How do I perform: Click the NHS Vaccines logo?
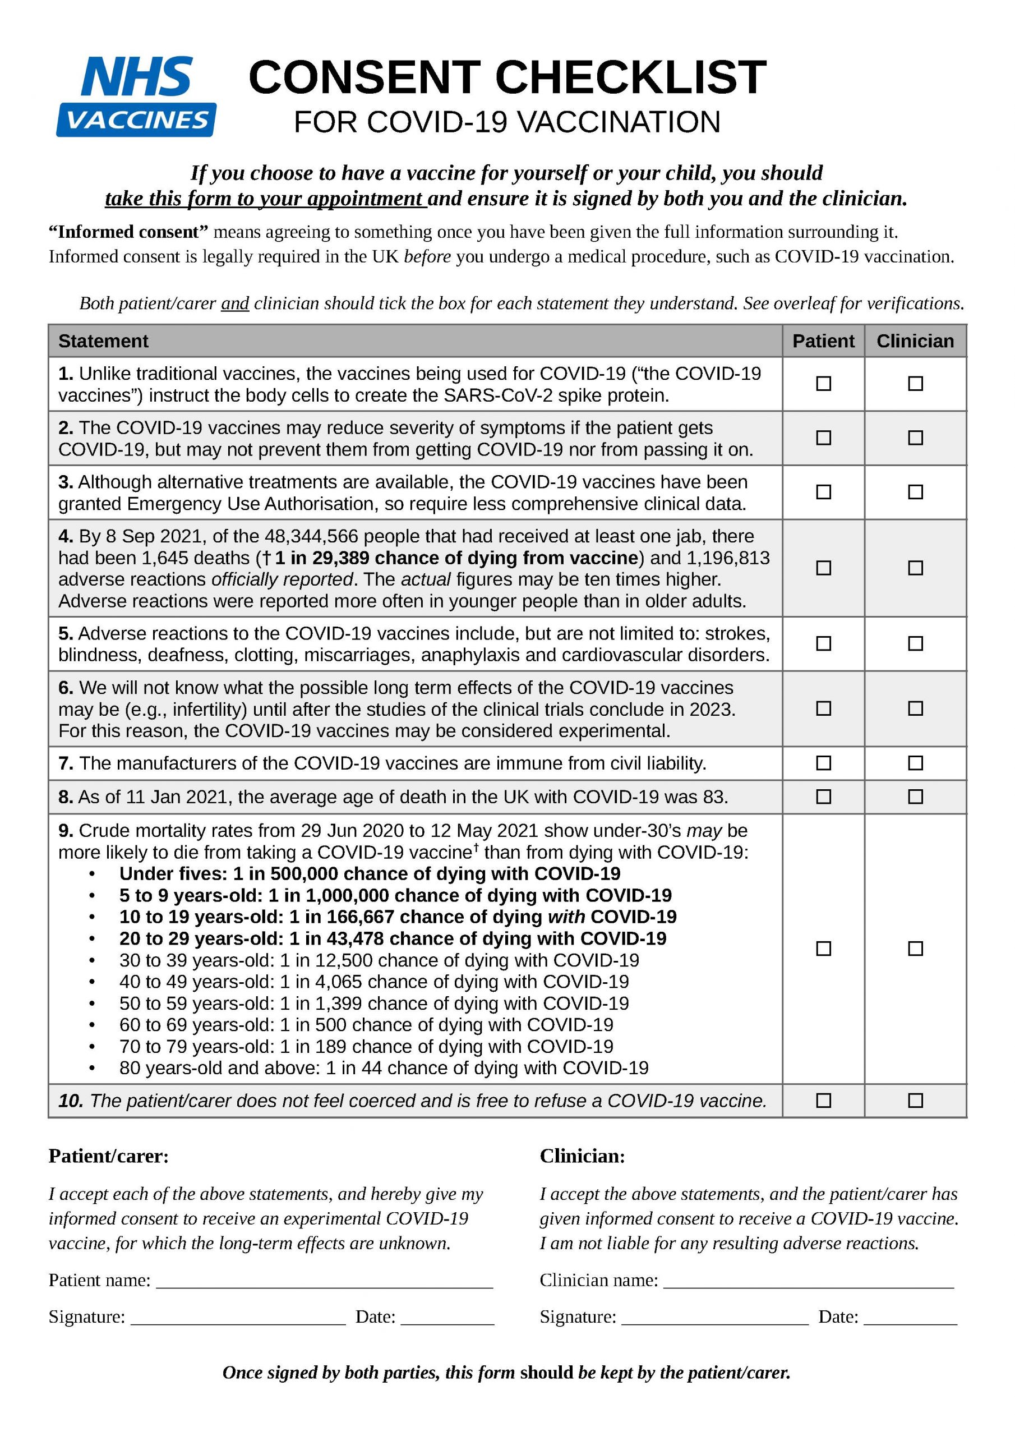136,96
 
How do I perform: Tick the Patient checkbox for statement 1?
823,383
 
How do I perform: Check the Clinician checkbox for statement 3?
915,492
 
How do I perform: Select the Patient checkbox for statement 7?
823,763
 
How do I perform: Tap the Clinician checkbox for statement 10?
915,1100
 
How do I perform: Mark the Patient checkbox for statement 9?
823,949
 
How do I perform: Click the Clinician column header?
915,341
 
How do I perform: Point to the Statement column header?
103,341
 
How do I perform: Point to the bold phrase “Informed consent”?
128,232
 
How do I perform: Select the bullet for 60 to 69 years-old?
92,1025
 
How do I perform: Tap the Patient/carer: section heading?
109,1156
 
